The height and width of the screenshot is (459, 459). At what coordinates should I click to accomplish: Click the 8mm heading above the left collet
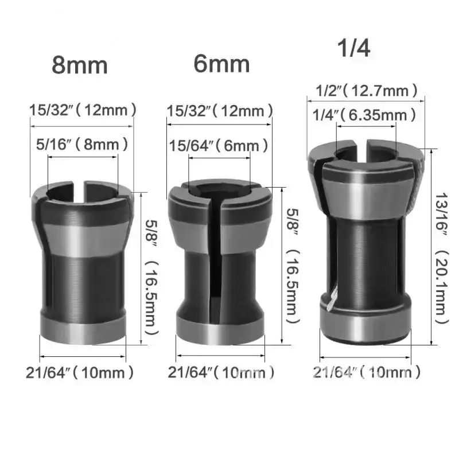coord(80,65)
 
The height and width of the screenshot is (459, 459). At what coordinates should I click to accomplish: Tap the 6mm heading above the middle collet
coord(221,63)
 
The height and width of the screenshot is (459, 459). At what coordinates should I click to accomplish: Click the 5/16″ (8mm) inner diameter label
coord(82,144)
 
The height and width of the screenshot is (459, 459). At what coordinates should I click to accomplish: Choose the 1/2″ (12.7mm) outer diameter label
coord(367,90)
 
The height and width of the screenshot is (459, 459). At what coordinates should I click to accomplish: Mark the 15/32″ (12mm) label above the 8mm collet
coord(83,109)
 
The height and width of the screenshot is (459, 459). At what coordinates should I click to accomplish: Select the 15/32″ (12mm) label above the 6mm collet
coord(219,110)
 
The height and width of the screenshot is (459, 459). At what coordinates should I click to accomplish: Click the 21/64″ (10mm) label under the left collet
coord(80,372)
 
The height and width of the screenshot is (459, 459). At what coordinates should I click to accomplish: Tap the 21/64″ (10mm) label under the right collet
coord(367,372)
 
